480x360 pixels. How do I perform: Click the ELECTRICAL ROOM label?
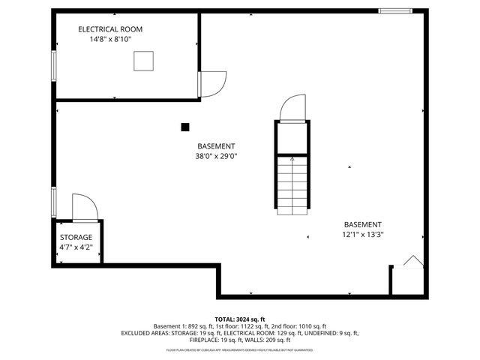(110, 29)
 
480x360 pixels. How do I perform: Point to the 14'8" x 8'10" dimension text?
(110, 40)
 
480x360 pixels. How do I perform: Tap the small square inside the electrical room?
(143, 61)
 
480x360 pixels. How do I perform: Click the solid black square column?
(185, 127)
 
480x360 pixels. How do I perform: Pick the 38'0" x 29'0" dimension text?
(216, 157)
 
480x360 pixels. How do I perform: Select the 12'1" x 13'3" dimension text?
(363, 235)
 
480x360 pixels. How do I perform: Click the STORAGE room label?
(76, 237)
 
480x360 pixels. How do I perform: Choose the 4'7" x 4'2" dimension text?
(76, 247)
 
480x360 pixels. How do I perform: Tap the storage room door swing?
(82, 206)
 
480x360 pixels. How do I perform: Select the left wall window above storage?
(52, 200)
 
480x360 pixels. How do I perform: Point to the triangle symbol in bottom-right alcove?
(412, 261)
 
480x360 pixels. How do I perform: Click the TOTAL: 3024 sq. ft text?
(240, 319)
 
